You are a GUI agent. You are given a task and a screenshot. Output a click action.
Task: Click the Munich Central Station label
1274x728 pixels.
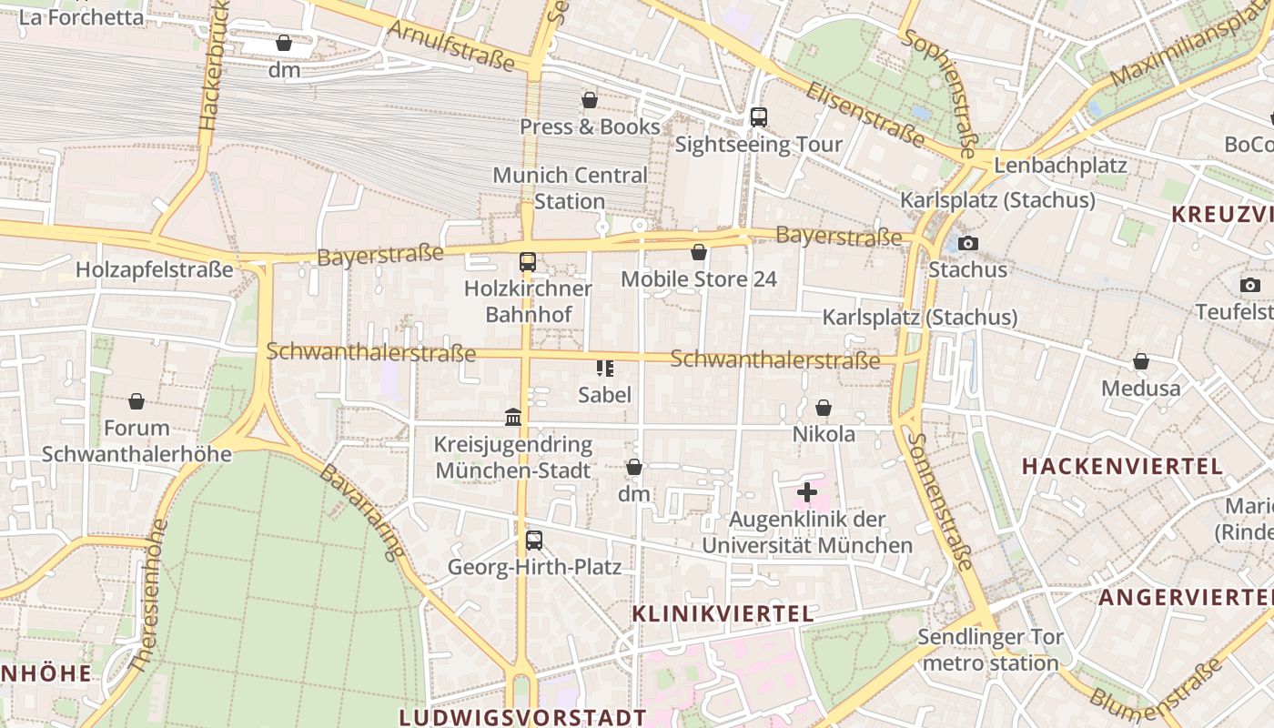(x=570, y=187)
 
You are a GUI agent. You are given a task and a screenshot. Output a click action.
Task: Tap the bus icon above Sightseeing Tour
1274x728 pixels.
(x=758, y=117)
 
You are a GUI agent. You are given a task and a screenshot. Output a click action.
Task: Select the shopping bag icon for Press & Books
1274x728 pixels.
(x=590, y=100)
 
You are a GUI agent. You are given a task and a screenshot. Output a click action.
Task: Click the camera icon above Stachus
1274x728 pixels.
(x=968, y=243)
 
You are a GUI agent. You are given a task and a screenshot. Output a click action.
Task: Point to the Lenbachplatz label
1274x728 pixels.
(x=1060, y=166)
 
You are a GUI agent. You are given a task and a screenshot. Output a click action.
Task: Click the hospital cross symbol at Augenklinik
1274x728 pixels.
(x=806, y=492)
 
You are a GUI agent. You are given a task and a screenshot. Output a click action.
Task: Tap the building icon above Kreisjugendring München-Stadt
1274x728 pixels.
(x=513, y=417)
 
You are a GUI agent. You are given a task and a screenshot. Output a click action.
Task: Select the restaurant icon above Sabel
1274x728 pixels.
(x=605, y=368)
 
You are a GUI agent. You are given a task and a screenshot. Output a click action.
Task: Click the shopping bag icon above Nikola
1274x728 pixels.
(x=824, y=408)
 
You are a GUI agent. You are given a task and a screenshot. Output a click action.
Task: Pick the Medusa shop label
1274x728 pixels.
(x=1140, y=389)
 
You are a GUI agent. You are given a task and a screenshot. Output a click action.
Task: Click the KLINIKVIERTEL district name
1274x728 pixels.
(x=723, y=614)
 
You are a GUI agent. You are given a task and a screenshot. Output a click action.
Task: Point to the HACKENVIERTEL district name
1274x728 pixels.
(x=1122, y=467)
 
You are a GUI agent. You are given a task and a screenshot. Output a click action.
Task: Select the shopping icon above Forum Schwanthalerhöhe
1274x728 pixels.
(x=136, y=401)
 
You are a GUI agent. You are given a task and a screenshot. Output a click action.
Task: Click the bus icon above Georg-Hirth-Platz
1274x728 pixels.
(x=534, y=540)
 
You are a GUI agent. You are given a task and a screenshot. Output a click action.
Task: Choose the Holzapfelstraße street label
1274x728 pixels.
(x=155, y=270)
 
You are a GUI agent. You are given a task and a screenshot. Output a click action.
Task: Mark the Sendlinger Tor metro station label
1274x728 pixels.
(x=990, y=650)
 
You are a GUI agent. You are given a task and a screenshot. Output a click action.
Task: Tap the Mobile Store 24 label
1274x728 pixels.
(x=699, y=279)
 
